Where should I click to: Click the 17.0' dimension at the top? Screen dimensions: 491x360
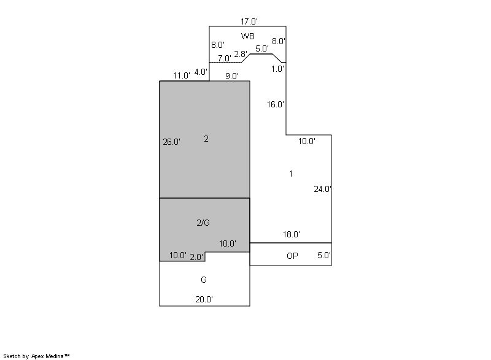click(x=249, y=21)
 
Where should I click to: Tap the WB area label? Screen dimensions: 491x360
click(x=248, y=36)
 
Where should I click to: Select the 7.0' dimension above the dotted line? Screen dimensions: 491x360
click(x=225, y=58)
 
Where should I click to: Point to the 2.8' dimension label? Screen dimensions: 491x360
click(x=241, y=54)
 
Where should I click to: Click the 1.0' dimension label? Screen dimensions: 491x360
click(x=277, y=69)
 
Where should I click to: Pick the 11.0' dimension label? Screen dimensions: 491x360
click(x=182, y=75)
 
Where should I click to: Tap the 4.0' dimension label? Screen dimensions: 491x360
click(x=201, y=72)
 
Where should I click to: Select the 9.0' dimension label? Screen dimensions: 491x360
click(x=232, y=76)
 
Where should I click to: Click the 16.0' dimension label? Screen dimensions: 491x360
click(x=276, y=104)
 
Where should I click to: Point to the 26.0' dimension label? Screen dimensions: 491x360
click(x=172, y=142)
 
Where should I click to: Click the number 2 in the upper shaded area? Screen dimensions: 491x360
click(x=206, y=139)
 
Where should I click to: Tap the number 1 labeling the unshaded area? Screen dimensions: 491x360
click(x=291, y=174)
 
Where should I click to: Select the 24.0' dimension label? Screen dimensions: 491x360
click(x=323, y=189)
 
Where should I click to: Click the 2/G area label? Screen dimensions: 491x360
click(x=203, y=223)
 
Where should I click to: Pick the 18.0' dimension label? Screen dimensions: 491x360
click(x=292, y=234)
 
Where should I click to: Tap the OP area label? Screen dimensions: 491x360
click(x=293, y=256)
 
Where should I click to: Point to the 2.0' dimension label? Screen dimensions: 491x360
click(x=196, y=257)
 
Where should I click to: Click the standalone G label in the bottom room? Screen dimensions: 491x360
click(x=204, y=280)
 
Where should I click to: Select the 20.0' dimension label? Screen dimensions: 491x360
click(x=204, y=300)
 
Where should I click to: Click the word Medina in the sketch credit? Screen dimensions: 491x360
click(x=55, y=356)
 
